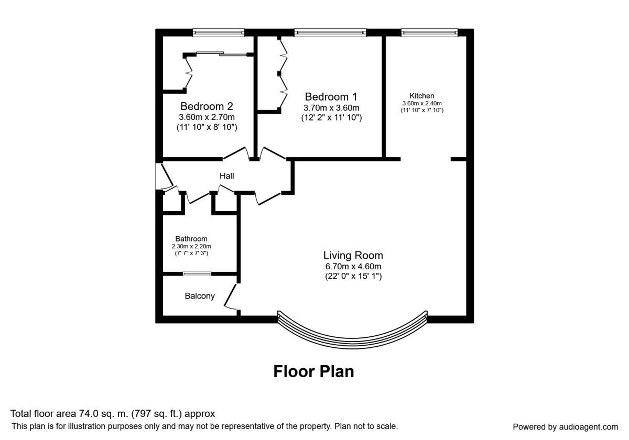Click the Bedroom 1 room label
pyautogui.click(x=331, y=97)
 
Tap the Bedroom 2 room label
pyautogui.click(x=207, y=106)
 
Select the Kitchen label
pyautogui.click(x=422, y=96)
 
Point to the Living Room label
pyautogui.click(x=353, y=256)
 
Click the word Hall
pyautogui.click(x=226, y=176)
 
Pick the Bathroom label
pyautogui.click(x=191, y=239)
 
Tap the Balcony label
pyautogui.click(x=200, y=296)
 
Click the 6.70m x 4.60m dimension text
pyautogui.click(x=353, y=266)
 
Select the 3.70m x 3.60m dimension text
pyautogui.click(x=331, y=108)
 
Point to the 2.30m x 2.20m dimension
pyautogui.click(x=191, y=246)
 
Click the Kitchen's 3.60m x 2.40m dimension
pyautogui.click(x=422, y=103)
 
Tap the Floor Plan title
pyautogui.click(x=313, y=371)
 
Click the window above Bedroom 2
pyautogui.click(x=218, y=32)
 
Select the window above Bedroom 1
pyautogui.click(x=330, y=32)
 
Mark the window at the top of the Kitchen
pyautogui.click(x=430, y=32)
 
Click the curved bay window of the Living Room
pyautogui.click(x=352, y=344)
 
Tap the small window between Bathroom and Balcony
pyautogui.click(x=197, y=273)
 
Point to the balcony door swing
pyautogui.click(x=231, y=297)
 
